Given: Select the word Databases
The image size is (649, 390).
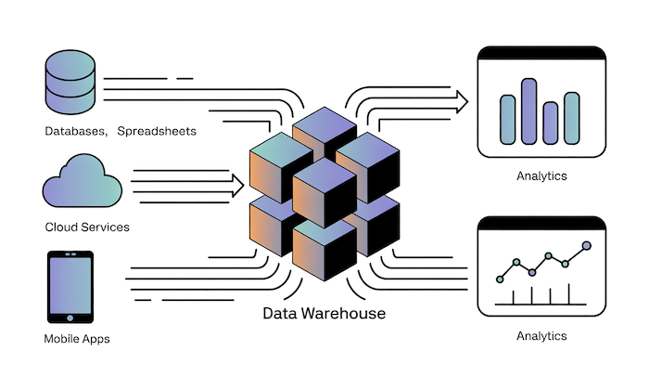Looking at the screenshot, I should coord(73,132).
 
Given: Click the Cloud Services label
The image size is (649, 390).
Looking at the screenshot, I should coord(87,227).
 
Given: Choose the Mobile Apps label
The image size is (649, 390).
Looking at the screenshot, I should coord(77,339).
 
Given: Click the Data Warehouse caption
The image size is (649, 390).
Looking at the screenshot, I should coord(324,313).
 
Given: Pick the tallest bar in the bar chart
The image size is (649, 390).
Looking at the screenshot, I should coord(529,110).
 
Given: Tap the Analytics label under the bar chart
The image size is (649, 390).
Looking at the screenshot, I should coord(541,175).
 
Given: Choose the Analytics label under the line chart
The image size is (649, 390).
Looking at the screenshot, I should coord(541,335).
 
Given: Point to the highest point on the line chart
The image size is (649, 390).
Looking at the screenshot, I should coord(586,246).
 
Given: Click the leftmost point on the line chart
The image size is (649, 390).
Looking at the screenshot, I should coord(502,278).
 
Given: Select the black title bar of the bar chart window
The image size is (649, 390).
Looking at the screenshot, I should coord(541,53).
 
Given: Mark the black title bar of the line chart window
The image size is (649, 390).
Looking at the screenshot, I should coord(541,223).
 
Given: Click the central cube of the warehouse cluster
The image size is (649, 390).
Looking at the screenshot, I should coord(324,190).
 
